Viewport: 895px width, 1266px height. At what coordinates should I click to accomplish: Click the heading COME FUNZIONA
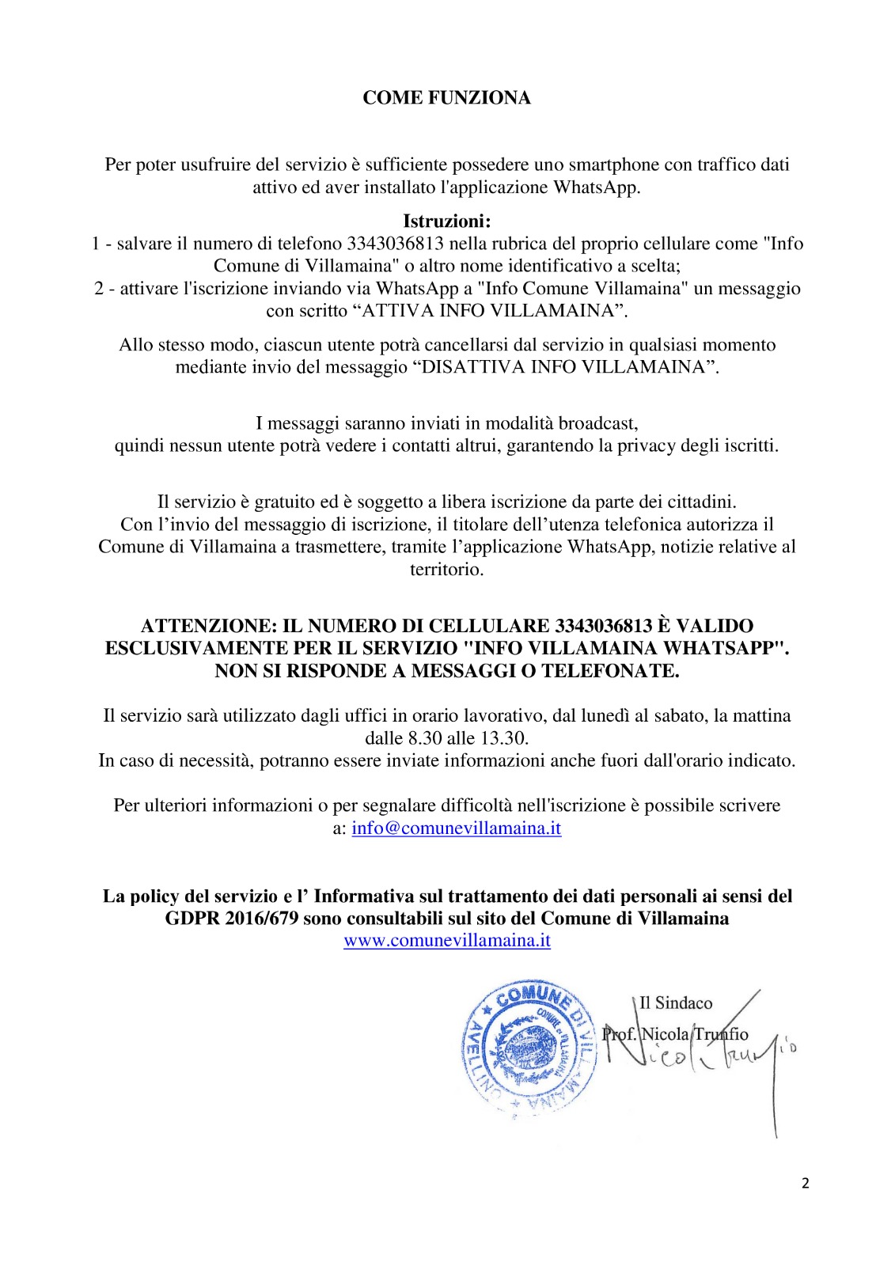click(446, 97)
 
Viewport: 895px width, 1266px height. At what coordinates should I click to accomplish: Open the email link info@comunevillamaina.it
click(457, 828)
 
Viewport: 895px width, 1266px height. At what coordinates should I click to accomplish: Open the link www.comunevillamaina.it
click(447, 941)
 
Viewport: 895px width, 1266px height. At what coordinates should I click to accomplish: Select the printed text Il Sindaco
click(676, 1003)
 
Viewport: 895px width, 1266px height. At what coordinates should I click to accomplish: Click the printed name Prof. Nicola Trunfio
click(675, 1034)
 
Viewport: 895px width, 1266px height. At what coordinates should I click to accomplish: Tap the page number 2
click(806, 1184)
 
